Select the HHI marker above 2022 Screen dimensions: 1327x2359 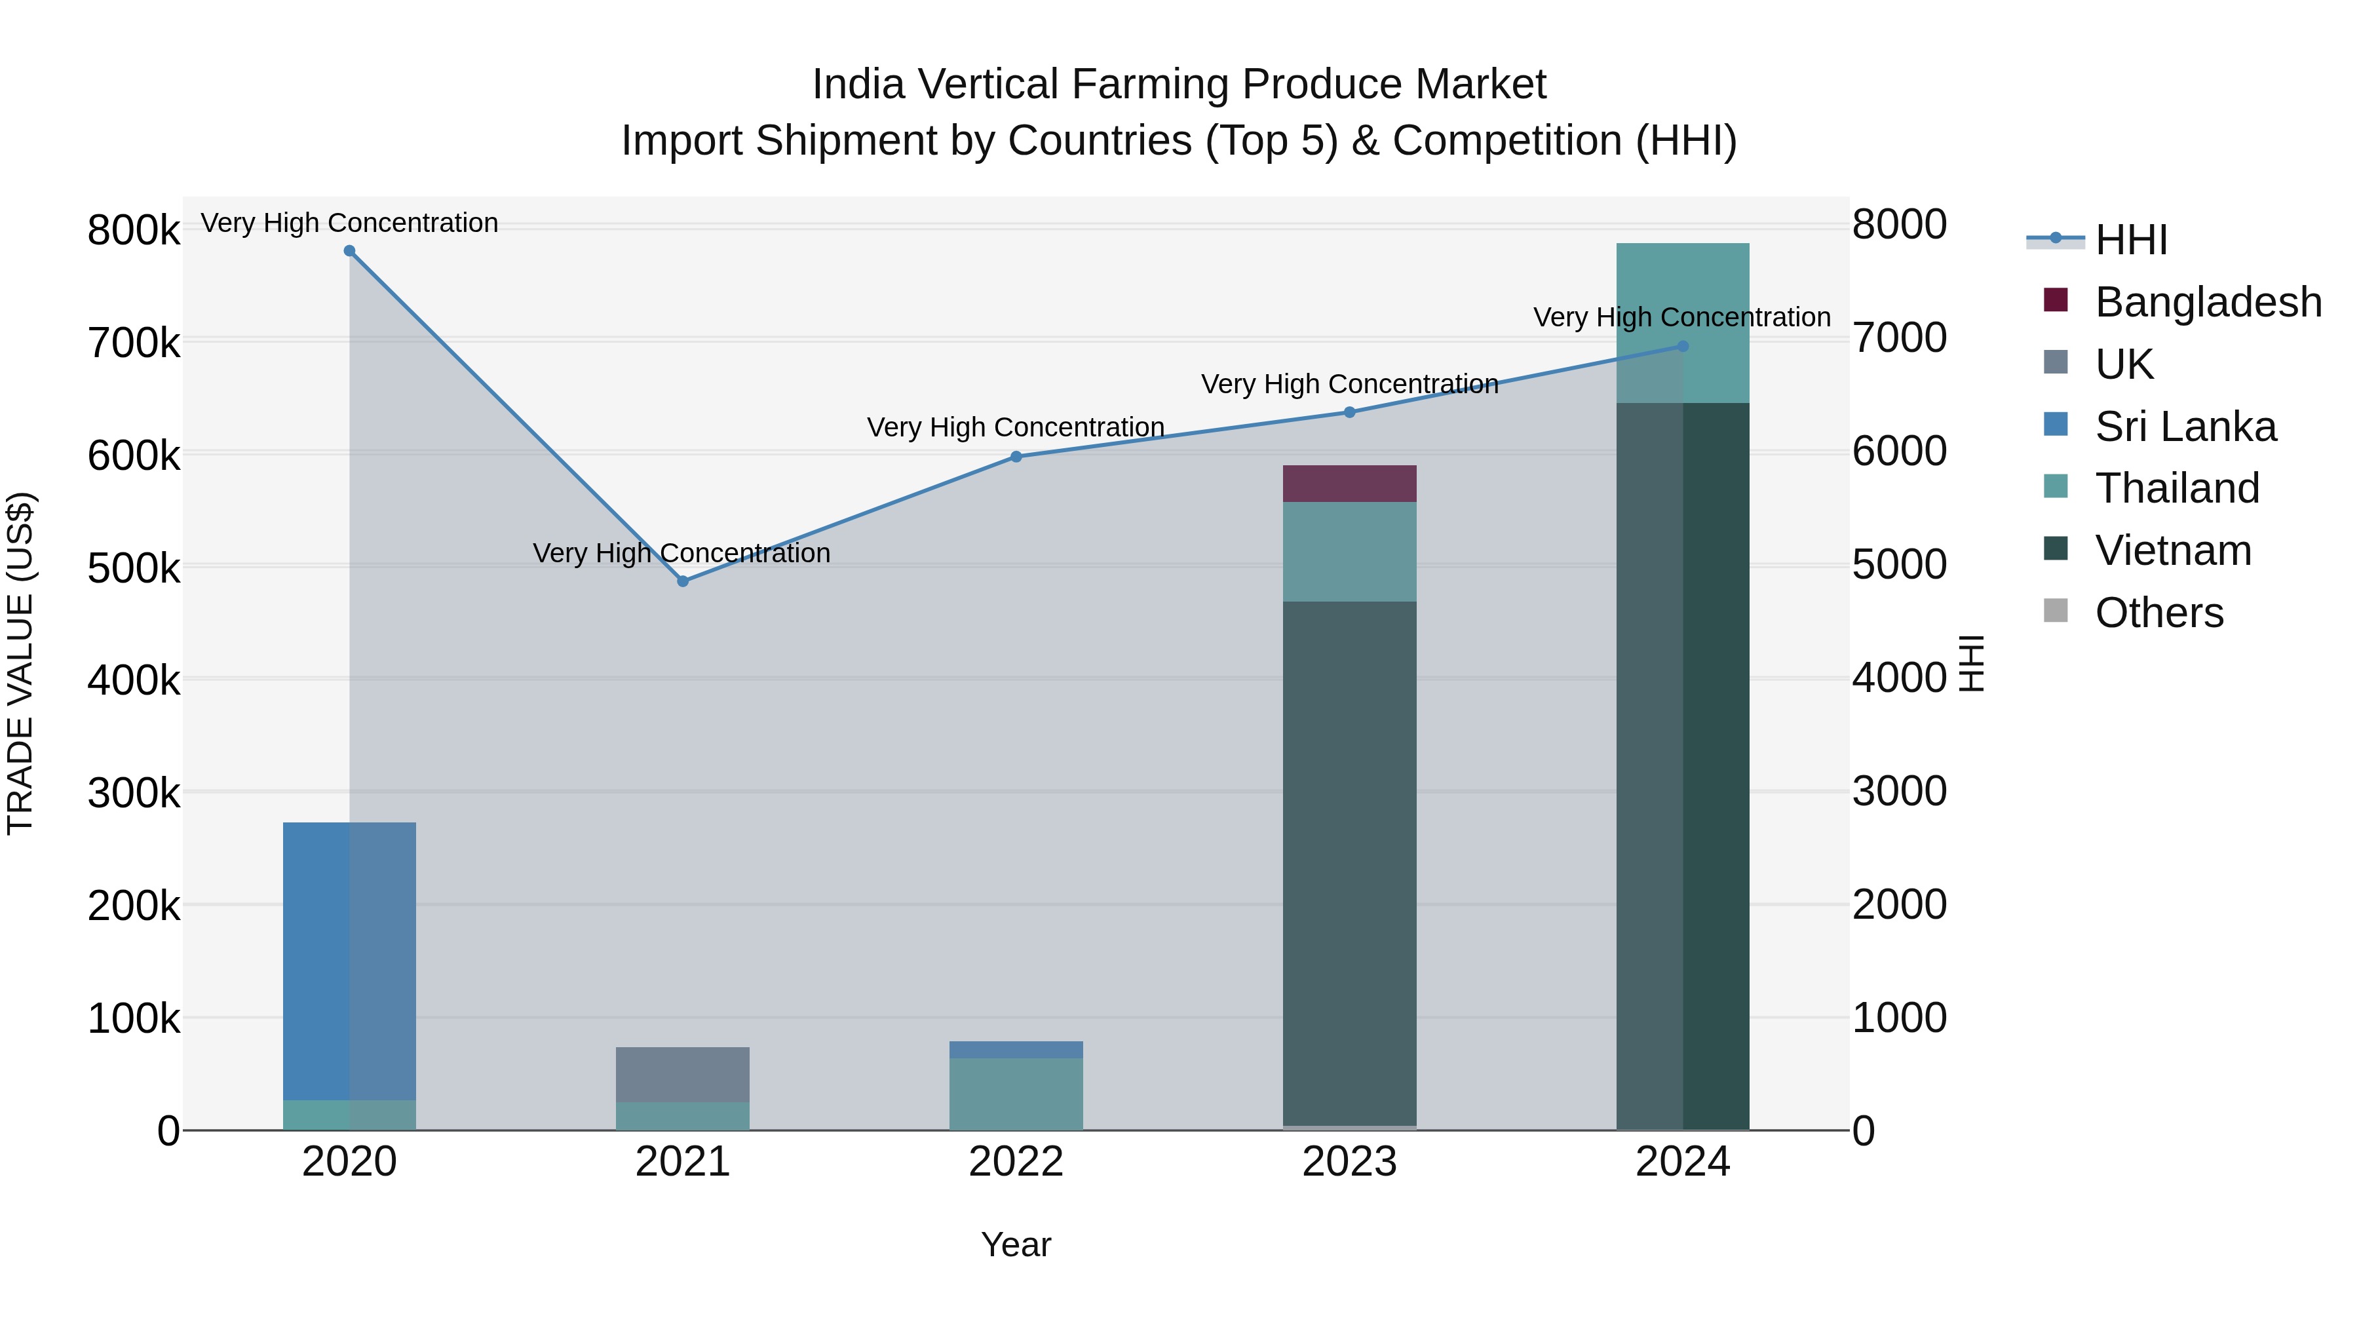click(1016, 457)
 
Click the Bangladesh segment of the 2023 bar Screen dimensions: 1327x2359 click(1349, 484)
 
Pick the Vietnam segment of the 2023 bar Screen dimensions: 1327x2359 click(1349, 861)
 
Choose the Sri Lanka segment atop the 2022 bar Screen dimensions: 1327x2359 click(1016, 1050)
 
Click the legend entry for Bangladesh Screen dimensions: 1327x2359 click(2207, 302)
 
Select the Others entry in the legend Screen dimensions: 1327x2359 click(2158, 613)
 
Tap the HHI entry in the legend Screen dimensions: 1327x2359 click(2130, 240)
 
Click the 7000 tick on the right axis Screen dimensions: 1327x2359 click(1898, 339)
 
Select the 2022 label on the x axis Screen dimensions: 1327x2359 click(1016, 1163)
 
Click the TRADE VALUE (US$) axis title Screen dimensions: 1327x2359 click(21, 663)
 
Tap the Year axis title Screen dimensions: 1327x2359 click(1016, 1246)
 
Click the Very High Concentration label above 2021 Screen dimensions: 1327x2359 click(681, 553)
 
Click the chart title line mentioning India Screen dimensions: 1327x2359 click(1179, 85)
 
